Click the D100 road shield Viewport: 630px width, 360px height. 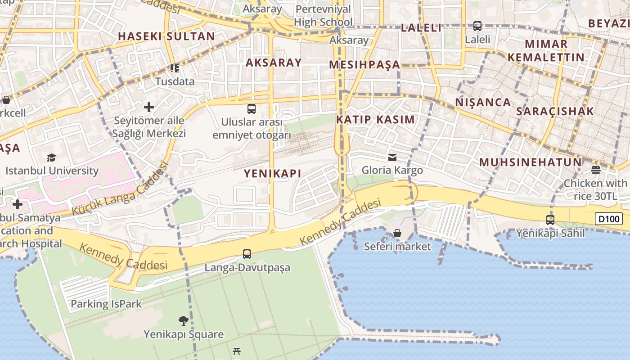[x=609, y=219]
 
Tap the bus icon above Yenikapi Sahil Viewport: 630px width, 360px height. [x=550, y=220]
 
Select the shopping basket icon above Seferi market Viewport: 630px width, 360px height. [x=397, y=233]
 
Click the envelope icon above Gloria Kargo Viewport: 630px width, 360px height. [x=392, y=157]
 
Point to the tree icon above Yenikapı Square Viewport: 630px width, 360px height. [x=183, y=321]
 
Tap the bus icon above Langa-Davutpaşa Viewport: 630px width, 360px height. [x=247, y=254]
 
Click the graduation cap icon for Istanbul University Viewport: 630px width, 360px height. [x=51, y=157]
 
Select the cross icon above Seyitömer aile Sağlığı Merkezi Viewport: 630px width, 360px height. [x=148, y=107]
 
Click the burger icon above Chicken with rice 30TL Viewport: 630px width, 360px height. [x=595, y=170]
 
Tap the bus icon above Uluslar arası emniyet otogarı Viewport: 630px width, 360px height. [x=252, y=109]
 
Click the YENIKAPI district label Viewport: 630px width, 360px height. [x=272, y=173]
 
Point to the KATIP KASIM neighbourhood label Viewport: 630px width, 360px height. [x=375, y=120]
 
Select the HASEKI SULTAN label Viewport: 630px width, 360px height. [x=166, y=36]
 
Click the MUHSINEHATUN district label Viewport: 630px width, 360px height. [x=530, y=162]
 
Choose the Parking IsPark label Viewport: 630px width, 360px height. [x=106, y=304]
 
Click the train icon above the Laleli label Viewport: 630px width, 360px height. [x=477, y=26]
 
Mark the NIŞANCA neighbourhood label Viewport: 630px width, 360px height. [x=483, y=102]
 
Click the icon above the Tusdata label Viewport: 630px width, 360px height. [x=175, y=68]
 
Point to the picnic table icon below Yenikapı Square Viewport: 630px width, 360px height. [x=237, y=351]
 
